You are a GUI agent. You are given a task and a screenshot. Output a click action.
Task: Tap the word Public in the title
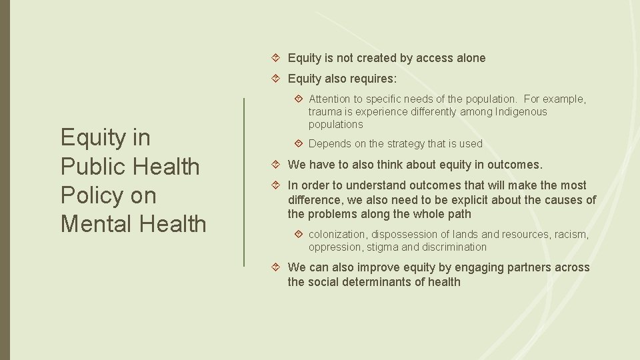click(95, 167)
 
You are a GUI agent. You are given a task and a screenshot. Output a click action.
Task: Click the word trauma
click(325, 112)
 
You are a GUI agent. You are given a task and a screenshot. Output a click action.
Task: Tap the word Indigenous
click(521, 112)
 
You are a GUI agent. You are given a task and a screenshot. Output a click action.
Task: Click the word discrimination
click(455, 247)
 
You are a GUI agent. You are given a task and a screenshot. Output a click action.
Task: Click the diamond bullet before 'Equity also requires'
click(279, 79)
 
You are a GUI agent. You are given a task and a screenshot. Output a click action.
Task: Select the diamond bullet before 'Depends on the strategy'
click(299, 143)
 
